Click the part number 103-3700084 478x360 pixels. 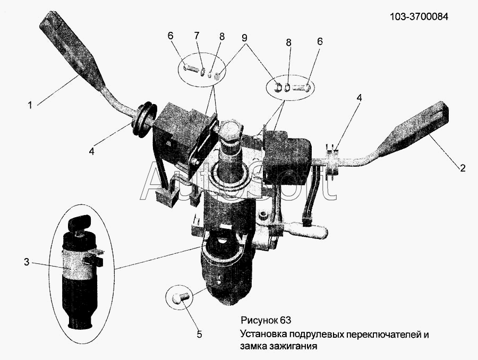[x=419, y=17]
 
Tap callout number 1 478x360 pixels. [x=30, y=106]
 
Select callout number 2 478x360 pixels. [x=463, y=168]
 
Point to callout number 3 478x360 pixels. [x=27, y=262]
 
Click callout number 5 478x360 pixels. [x=199, y=335]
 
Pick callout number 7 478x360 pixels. [x=197, y=36]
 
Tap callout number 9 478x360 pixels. [x=244, y=38]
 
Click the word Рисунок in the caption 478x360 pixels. [x=259, y=320]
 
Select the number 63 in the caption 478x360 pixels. [x=286, y=320]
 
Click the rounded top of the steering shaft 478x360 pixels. [x=229, y=130]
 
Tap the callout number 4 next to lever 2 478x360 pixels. [x=359, y=98]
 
